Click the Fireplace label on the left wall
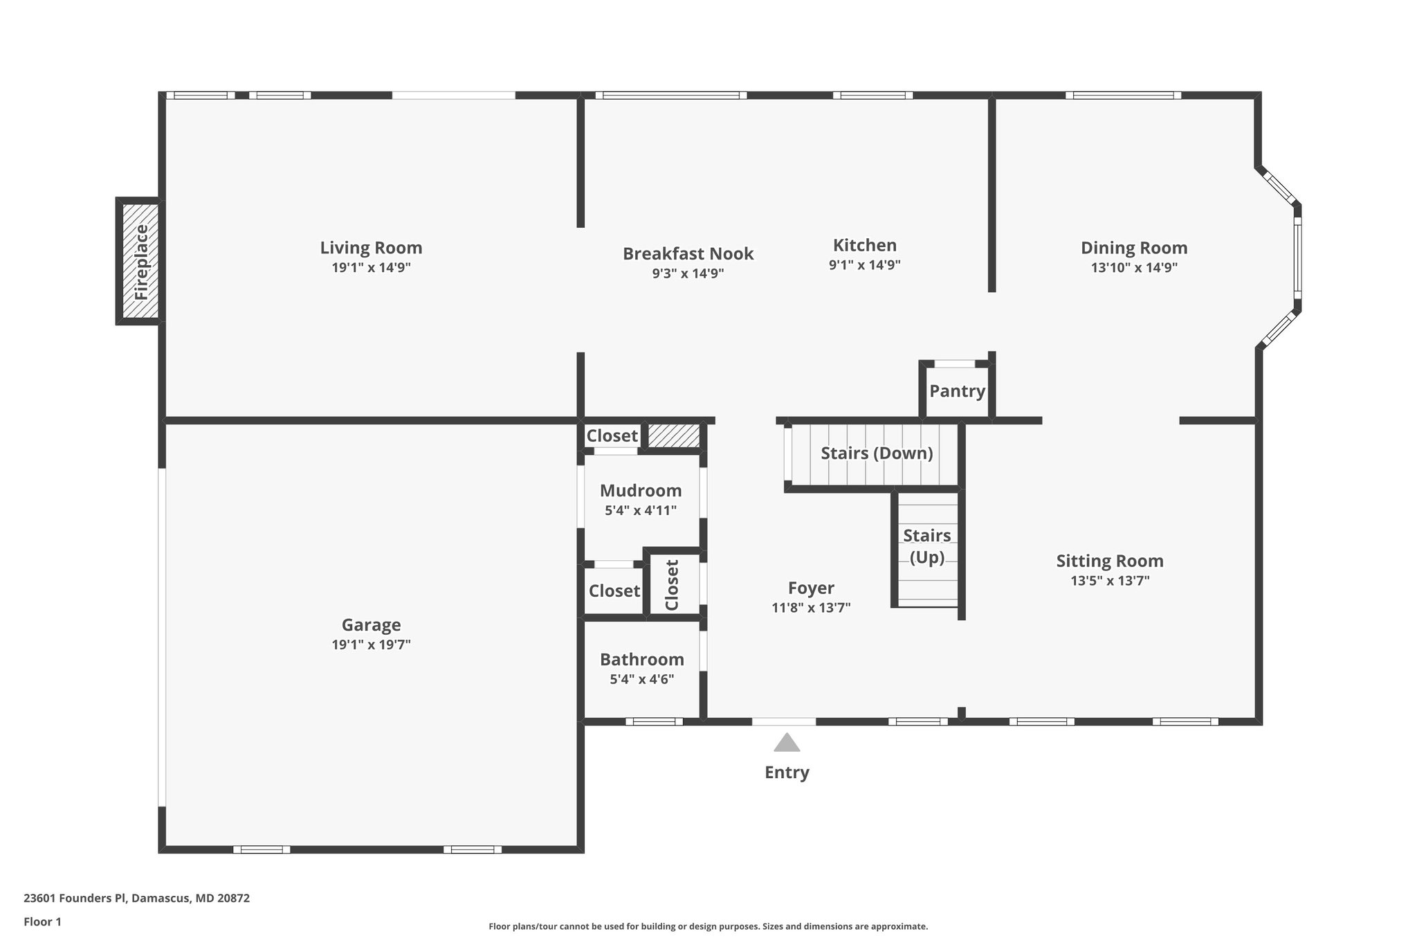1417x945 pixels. pyautogui.click(x=141, y=262)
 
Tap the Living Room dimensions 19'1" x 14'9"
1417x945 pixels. pyautogui.click(x=371, y=268)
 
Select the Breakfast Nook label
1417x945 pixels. pyautogui.click(x=688, y=253)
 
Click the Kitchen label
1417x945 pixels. pyautogui.click(x=864, y=245)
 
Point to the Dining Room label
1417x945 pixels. pyautogui.click(x=1133, y=248)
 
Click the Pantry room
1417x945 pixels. pyautogui.click(x=957, y=391)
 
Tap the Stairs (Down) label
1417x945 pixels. pyautogui.click(x=876, y=453)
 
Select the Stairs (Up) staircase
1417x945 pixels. pyautogui.click(x=927, y=547)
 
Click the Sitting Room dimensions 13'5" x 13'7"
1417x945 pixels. pyautogui.click(x=1110, y=581)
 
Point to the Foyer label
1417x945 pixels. pyautogui.click(x=811, y=588)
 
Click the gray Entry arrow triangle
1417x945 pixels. pyautogui.click(x=787, y=744)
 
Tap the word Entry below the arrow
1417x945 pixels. pyautogui.click(x=787, y=773)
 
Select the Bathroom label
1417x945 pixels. pyautogui.click(x=641, y=660)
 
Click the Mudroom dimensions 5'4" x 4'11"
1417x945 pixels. pyautogui.click(x=640, y=511)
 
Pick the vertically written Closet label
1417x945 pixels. pyautogui.click(x=672, y=585)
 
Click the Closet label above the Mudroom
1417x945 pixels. pyautogui.click(x=612, y=436)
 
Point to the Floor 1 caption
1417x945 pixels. pyautogui.click(x=42, y=922)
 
